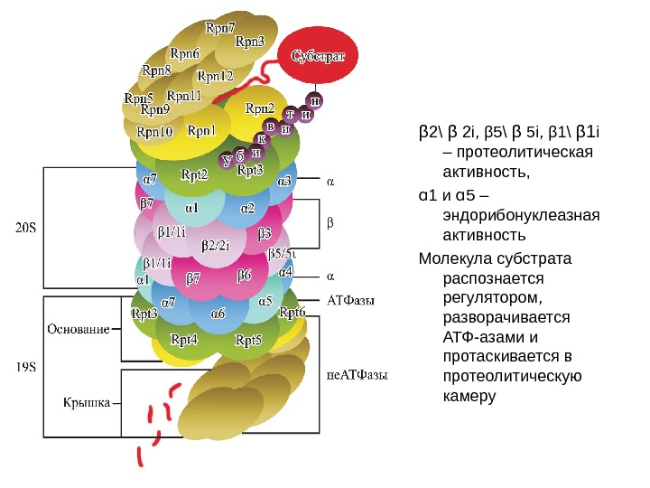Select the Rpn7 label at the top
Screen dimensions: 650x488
[x=221, y=27]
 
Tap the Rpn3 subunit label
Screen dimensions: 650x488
[x=250, y=42]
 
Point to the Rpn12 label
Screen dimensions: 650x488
[x=215, y=75]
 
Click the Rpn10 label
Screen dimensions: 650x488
[x=153, y=131]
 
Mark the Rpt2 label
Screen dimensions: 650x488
[x=194, y=174]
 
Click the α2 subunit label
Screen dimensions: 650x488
[x=247, y=209]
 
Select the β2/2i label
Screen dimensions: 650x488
[x=216, y=244]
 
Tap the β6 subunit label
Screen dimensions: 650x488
[x=244, y=274]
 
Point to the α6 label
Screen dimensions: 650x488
[x=218, y=313]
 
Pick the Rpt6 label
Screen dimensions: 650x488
[x=292, y=313]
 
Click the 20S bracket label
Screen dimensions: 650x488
[x=26, y=228]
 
